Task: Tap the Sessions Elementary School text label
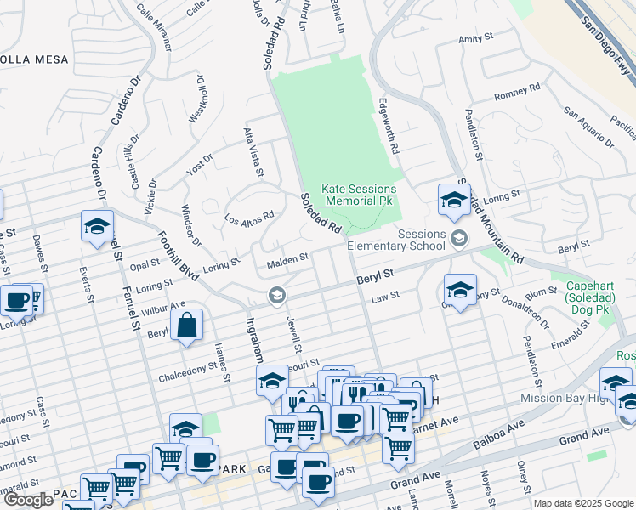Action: (x=421, y=240)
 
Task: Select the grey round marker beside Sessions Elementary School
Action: (x=460, y=237)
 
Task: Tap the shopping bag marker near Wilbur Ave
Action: (x=186, y=325)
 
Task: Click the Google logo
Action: (x=27, y=500)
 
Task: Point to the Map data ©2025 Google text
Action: (x=583, y=503)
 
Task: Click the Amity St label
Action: (x=476, y=39)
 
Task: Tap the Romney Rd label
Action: (x=517, y=91)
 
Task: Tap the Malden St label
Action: (x=287, y=258)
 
